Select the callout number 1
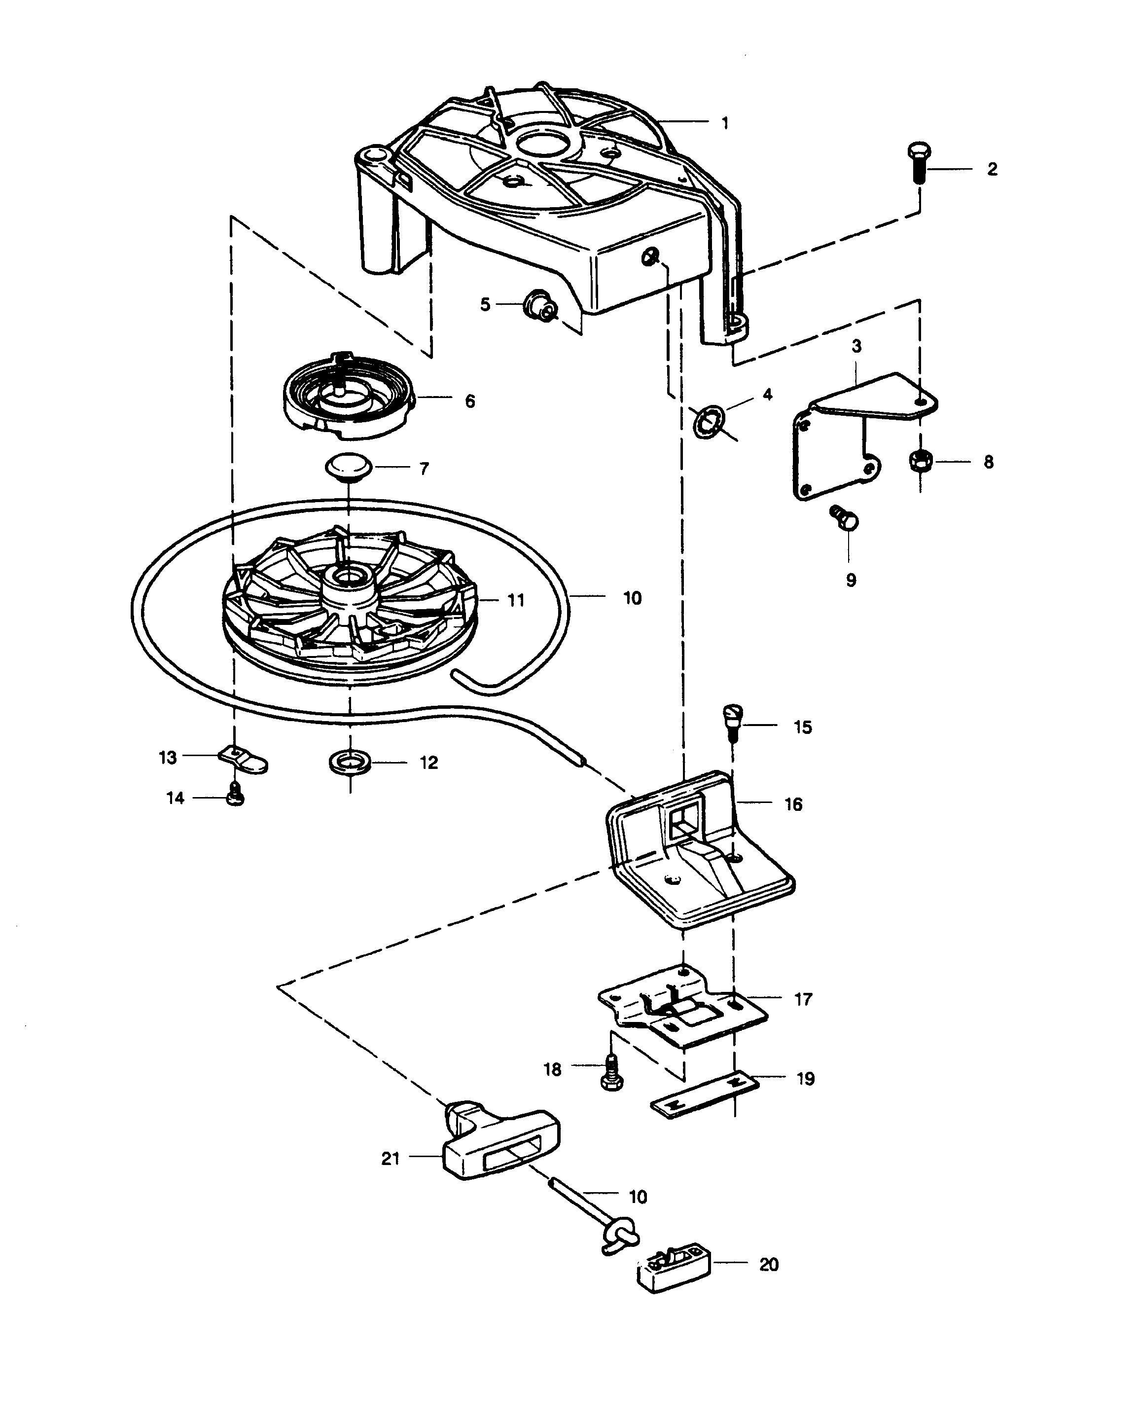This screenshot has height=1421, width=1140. coord(725,123)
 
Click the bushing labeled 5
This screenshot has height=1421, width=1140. coord(349,467)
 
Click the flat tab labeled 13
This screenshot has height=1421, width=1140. coord(243,759)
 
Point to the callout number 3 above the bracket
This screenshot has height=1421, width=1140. coord(856,346)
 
